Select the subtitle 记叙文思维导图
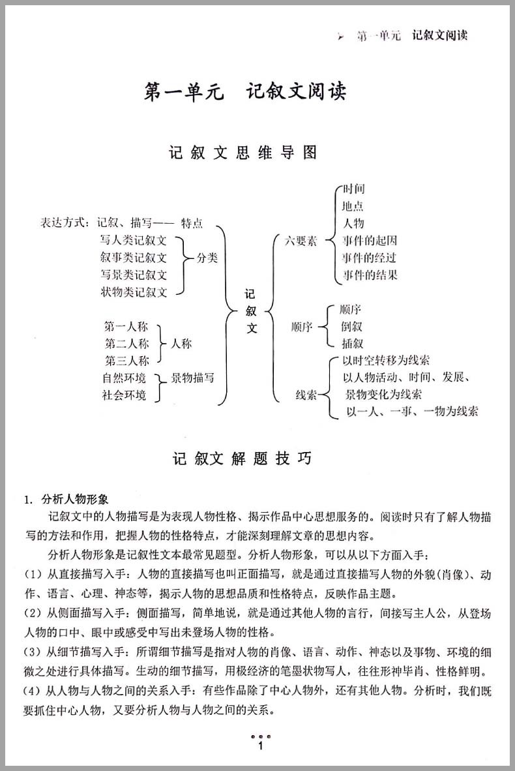[243, 153]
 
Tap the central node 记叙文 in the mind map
[252, 312]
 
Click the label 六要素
[301, 241]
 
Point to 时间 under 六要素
[354, 189]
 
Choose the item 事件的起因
[369, 241]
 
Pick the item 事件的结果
[369, 275]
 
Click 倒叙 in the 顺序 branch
[351, 326]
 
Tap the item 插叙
[351, 343]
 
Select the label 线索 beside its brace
[306, 395]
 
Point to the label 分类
[207, 258]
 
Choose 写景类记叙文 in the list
[134, 275]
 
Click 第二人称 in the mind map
[126, 343]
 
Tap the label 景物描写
[192, 378]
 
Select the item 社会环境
[124, 395]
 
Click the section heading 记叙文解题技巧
[243, 459]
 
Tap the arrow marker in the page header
[340, 37]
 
